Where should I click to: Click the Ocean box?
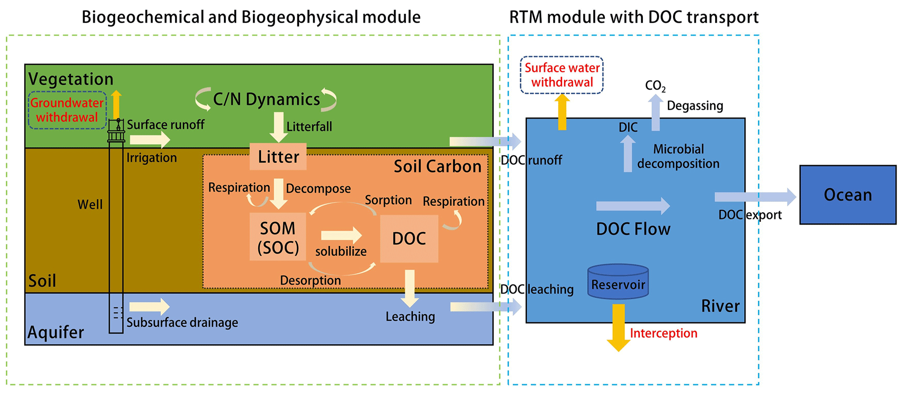(848, 195)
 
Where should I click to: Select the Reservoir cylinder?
(618, 282)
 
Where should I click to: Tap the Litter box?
(278, 157)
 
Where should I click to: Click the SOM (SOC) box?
(278, 237)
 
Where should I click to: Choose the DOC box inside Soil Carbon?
(409, 239)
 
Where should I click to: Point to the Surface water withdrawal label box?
(562, 75)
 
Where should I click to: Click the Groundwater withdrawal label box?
(67, 110)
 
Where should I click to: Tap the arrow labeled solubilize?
(341, 236)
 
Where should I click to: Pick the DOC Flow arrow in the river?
(633, 206)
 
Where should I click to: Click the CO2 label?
(655, 86)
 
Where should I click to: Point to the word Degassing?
(695, 106)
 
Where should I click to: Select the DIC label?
(628, 127)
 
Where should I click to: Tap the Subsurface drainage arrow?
(150, 307)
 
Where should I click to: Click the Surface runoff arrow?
(150, 140)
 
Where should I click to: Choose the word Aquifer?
(56, 332)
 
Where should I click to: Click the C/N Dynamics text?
(266, 99)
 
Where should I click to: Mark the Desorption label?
(311, 280)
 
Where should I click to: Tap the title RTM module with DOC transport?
(634, 17)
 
